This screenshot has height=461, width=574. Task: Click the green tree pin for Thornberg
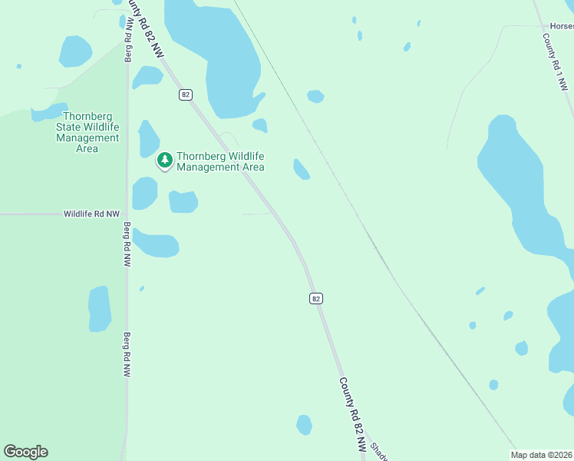(x=164, y=160)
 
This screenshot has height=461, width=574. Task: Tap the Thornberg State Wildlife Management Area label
(x=87, y=132)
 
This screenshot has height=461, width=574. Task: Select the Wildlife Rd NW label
(x=92, y=214)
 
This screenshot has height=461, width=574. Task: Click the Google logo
(x=25, y=452)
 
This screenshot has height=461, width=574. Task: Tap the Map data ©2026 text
(x=541, y=455)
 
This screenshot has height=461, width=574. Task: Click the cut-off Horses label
(x=561, y=26)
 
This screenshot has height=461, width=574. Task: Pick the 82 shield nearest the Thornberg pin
(x=185, y=95)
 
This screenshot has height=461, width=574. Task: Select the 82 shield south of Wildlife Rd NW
(x=315, y=298)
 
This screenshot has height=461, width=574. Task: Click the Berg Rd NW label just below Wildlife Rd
(x=127, y=244)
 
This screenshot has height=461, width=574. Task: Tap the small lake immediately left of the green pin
(x=147, y=139)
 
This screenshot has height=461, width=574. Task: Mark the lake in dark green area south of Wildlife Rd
(x=100, y=309)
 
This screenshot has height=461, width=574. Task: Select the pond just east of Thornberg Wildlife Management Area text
(x=302, y=169)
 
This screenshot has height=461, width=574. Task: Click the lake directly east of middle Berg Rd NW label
(x=156, y=244)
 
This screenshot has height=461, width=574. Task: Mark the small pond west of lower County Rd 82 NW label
(x=304, y=424)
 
